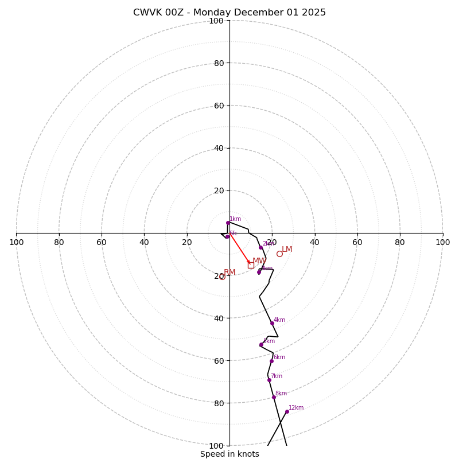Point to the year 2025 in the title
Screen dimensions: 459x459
point(313,13)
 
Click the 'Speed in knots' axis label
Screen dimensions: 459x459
point(229,454)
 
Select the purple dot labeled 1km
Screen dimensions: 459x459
point(228,223)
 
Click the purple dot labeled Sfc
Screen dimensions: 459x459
point(227,236)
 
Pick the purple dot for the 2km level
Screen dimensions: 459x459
point(260,248)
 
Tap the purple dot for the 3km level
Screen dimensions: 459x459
point(259,272)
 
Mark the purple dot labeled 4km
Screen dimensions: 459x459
point(272,323)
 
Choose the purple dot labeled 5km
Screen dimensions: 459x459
point(261,344)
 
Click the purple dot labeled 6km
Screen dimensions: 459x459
point(271,361)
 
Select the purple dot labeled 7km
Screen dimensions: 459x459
point(269,380)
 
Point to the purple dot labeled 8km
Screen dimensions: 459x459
point(274,397)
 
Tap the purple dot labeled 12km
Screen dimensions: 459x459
point(287,411)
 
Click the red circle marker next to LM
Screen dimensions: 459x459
point(279,254)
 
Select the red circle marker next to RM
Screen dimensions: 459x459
point(222,277)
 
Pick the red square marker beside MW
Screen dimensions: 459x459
point(251,265)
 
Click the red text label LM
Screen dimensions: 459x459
point(287,250)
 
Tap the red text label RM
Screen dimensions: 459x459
point(229,273)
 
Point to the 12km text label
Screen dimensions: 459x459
point(296,408)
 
